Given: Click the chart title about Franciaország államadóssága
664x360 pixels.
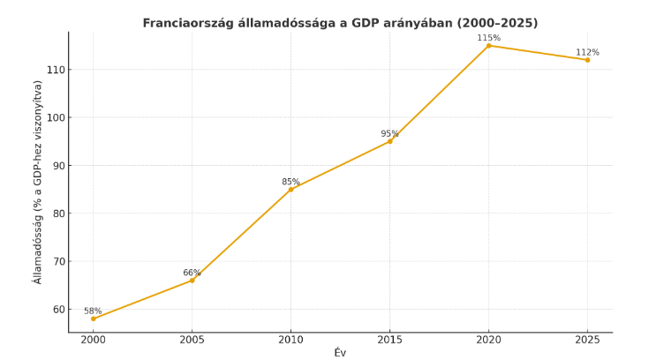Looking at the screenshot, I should click(x=340, y=23).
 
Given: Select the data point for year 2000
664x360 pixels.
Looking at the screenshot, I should click(x=94, y=319).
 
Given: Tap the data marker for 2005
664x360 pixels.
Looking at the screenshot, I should click(x=192, y=280).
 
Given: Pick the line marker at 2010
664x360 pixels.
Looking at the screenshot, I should click(x=290, y=189).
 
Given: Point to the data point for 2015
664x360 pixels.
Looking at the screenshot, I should click(x=389, y=141).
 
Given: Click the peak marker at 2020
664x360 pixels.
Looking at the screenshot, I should click(x=488, y=45).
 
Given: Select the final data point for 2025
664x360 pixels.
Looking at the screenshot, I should click(x=587, y=60).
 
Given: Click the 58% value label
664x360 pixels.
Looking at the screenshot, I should click(x=93, y=311).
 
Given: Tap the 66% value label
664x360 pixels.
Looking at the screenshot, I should click(x=192, y=273).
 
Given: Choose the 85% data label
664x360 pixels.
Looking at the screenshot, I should click(x=290, y=182).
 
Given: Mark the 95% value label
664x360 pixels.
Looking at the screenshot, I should click(x=389, y=134).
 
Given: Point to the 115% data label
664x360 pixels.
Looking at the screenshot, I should click(x=488, y=38).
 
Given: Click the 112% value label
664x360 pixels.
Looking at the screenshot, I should click(x=587, y=52).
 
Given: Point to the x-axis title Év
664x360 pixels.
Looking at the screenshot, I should click(x=340, y=353).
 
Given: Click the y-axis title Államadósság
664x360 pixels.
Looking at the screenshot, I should click(x=38, y=182).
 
